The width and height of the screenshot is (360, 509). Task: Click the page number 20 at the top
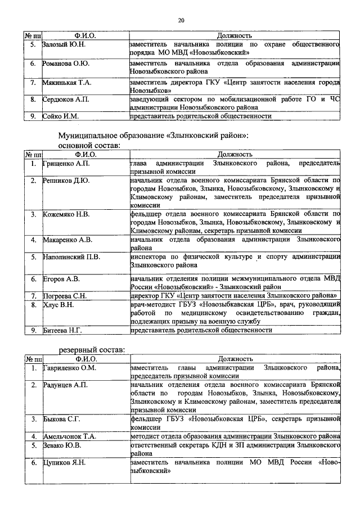(x=181, y=21)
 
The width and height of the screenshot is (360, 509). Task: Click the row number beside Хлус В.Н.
(x=34, y=305)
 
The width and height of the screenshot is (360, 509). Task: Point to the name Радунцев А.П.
(x=65, y=385)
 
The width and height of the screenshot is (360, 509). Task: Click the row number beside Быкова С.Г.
(x=34, y=419)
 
